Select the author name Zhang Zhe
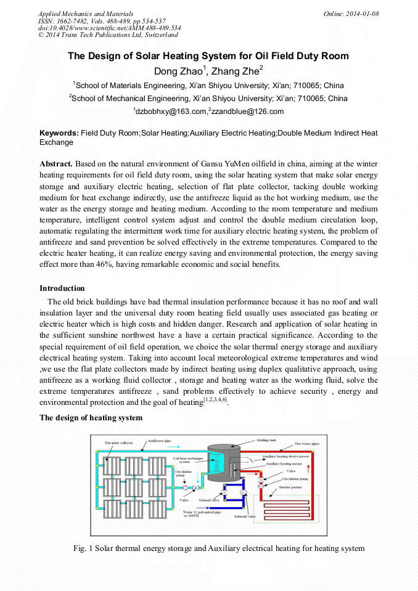pyautogui.click(x=237, y=71)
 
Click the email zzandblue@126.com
pyautogui.click(x=247, y=111)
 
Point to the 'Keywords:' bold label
pyautogui.click(x=59, y=133)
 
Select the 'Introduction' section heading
pyautogui.click(x=62, y=288)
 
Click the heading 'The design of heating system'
pyautogui.click(x=91, y=418)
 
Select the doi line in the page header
pyautogui.click(x=109, y=28)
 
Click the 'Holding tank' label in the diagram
pyautogui.click(x=267, y=441)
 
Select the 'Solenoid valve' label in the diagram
pyautogui.click(x=243, y=516)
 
